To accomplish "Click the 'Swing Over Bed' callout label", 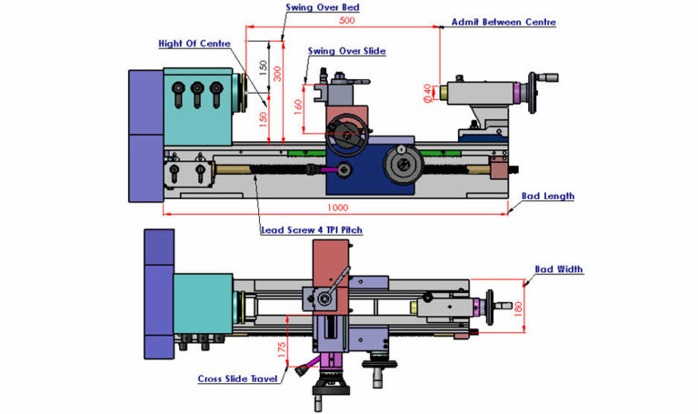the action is pos(323,7).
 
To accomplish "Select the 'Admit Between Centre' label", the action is pos(504,22).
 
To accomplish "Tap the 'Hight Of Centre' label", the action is pos(194,44).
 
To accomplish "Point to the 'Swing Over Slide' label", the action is pos(347,51).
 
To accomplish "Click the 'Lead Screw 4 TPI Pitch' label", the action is pos(312,230).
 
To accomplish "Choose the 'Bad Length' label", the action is pos(547,197).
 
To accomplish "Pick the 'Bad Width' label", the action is pos(559,269).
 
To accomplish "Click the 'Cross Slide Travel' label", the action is pos(238,379).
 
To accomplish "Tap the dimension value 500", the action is pos(347,21).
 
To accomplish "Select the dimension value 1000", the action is pos(337,207).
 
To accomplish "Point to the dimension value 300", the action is pos(277,74).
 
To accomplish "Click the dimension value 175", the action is pos(282,349).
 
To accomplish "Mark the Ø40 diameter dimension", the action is pos(428,93).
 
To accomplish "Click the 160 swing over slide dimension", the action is pos(298,107).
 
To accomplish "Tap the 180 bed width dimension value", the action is pos(518,309).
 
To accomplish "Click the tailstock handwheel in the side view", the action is pos(533,93).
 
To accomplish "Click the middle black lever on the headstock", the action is pos(197,95).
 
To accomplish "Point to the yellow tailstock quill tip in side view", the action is pos(443,92).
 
